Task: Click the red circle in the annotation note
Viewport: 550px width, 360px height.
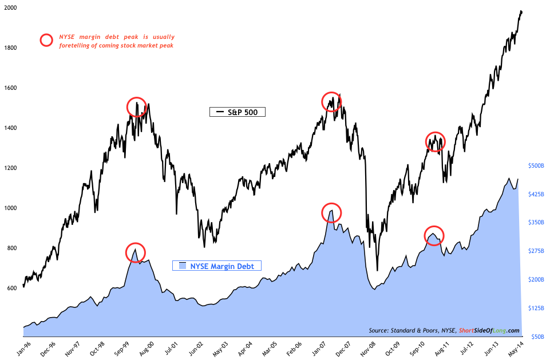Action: (x=48, y=41)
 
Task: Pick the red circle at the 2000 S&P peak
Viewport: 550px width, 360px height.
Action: (x=136, y=107)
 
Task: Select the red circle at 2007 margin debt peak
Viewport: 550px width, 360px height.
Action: (x=331, y=213)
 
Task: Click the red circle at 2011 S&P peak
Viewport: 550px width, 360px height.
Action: (x=436, y=141)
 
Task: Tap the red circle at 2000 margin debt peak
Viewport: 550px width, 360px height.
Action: (x=136, y=252)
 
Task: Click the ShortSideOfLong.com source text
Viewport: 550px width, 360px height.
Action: (x=494, y=330)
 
